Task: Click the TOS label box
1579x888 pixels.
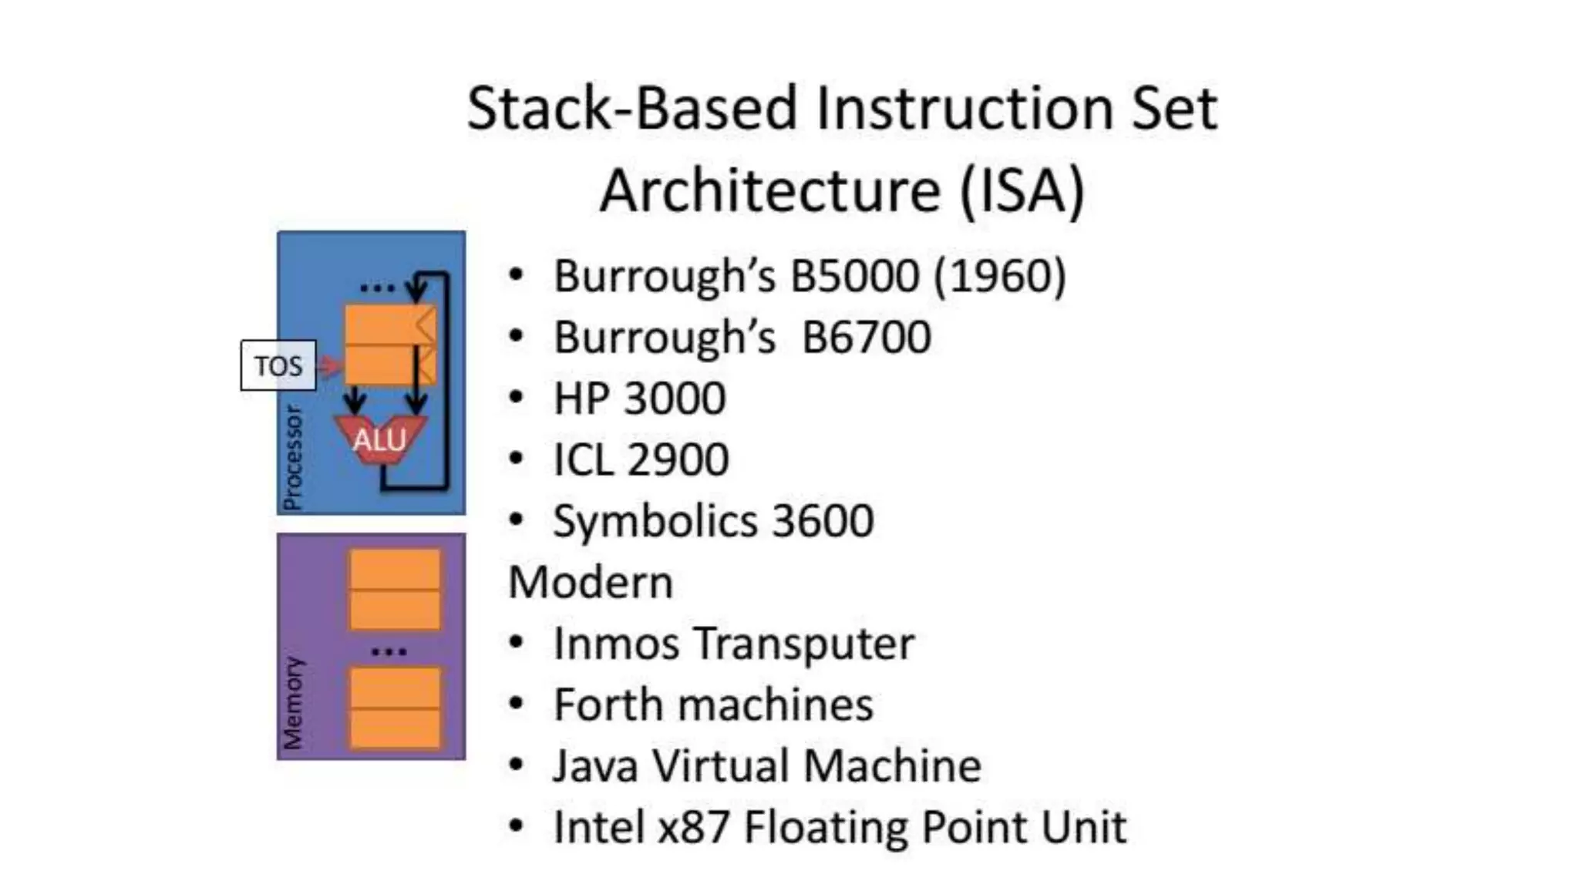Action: click(x=278, y=365)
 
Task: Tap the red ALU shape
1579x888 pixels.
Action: click(x=379, y=440)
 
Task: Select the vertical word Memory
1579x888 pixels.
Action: click(x=293, y=702)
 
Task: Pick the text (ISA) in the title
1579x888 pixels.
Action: click(x=1022, y=190)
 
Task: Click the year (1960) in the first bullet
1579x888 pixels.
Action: click(x=1000, y=275)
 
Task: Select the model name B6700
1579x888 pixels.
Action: click(x=866, y=337)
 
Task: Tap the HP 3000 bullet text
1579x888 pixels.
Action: click(x=639, y=398)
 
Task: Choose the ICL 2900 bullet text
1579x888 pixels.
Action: click(x=641, y=459)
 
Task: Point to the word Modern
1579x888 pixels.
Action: click(x=591, y=582)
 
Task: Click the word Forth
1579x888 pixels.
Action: click(x=607, y=705)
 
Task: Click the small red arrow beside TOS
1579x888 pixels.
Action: click(x=329, y=365)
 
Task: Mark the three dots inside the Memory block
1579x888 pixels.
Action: click(x=389, y=652)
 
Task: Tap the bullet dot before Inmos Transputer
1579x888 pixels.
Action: click(x=516, y=643)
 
